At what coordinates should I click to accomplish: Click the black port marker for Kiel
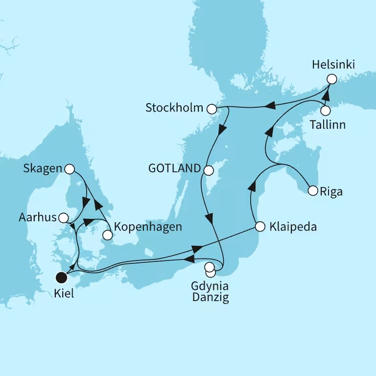tap(61, 278)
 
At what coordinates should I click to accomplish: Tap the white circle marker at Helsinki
tap(332, 79)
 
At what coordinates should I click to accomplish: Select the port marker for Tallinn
tap(325, 111)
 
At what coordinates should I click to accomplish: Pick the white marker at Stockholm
tap(211, 109)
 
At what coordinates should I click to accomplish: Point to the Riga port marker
tap(312, 191)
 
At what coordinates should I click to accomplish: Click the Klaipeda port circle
tap(260, 227)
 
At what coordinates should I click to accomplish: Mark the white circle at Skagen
tap(70, 169)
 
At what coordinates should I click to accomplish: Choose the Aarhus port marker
tap(63, 217)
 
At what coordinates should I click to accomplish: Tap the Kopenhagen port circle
tap(107, 235)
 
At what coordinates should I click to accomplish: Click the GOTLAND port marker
tap(208, 170)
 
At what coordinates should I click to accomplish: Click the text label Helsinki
tap(332, 65)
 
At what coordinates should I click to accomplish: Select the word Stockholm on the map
tap(174, 108)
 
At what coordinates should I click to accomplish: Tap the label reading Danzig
tap(211, 297)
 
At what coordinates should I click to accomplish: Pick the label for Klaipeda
tap(293, 227)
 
